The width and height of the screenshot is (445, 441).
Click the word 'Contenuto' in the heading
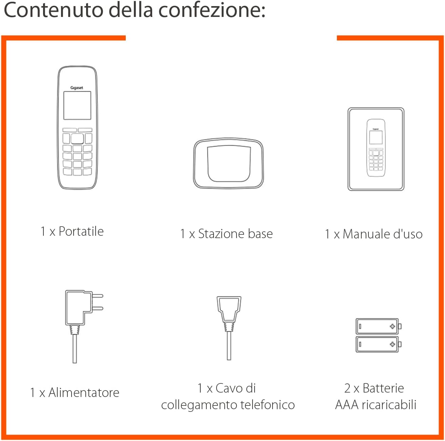tap(53, 10)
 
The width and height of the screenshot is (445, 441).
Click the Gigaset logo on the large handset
tap(77, 88)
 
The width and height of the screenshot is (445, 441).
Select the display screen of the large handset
tap(77, 105)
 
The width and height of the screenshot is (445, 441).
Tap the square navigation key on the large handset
tap(77, 138)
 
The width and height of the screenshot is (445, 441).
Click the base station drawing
tap(228, 163)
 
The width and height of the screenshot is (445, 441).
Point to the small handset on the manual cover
tap(376, 148)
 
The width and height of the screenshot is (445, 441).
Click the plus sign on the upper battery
tap(392, 326)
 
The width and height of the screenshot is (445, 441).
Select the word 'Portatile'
tap(81, 231)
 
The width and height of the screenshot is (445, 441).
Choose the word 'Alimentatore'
tap(84, 393)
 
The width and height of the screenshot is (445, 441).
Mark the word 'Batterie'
tap(383, 388)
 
